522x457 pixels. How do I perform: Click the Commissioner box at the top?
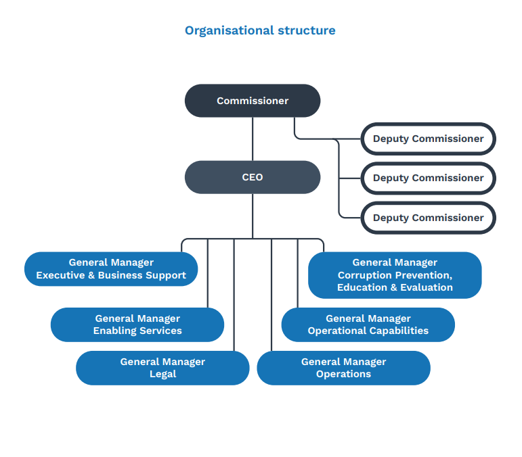[x=253, y=101]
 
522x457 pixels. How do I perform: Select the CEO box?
[x=253, y=177]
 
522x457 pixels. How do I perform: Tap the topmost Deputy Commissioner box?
[x=428, y=139]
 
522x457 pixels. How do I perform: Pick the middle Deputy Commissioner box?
[x=428, y=178]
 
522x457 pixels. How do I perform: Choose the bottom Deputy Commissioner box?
[x=428, y=218]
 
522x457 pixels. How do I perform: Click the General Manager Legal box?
[x=162, y=368]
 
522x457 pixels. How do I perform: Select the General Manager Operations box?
[x=343, y=368]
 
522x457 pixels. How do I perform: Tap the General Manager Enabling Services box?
[x=137, y=324]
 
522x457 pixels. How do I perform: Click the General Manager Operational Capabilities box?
[x=368, y=324]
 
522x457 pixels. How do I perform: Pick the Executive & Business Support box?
[x=111, y=269]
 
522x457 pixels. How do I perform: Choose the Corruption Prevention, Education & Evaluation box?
[x=395, y=275]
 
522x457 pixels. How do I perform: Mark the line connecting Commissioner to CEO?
[x=253, y=139]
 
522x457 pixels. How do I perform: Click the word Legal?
[x=162, y=374]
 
